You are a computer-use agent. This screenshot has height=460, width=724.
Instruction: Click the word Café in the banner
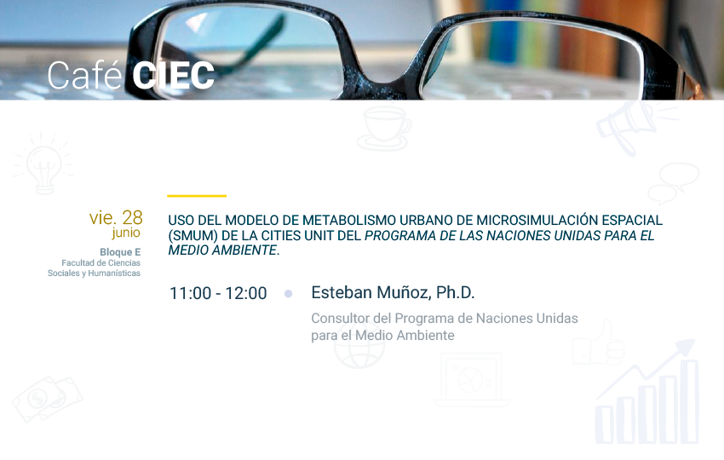coord(84,75)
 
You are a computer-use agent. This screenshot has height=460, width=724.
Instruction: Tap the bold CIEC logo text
coord(174,75)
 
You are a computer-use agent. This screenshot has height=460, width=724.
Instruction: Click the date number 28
coord(133,217)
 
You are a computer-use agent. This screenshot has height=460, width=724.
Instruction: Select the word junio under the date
coord(126,233)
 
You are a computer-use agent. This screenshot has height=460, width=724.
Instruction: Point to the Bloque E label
coord(120,252)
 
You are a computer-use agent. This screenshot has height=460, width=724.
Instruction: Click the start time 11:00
coord(190,293)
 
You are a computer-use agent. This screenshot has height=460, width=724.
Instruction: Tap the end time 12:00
coord(245,293)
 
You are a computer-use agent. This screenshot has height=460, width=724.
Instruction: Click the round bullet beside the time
coord(288,294)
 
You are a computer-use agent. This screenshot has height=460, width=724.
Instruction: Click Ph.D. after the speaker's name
coord(456,293)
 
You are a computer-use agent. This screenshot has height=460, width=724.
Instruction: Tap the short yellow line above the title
coord(197,196)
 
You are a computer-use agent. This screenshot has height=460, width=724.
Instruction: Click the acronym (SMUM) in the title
coord(192,236)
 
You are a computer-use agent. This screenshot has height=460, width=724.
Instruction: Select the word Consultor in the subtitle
coord(341,319)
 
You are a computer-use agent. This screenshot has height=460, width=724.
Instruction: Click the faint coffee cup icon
coord(384,129)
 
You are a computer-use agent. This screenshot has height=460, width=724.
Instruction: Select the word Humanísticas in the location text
coord(114,273)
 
